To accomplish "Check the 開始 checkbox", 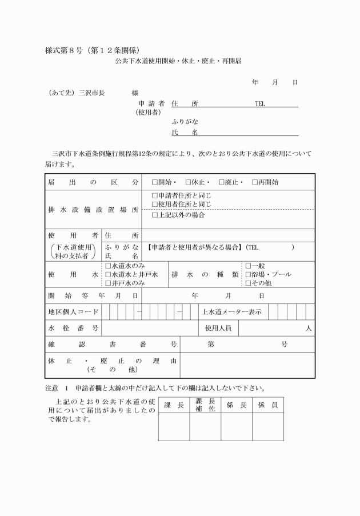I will [x=155, y=182].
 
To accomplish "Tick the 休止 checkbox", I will [x=188, y=182].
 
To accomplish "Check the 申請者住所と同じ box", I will [x=155, y=195].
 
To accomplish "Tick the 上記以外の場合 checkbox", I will [x=155, y=215].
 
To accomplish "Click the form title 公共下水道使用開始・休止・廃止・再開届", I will [x=178, y=61].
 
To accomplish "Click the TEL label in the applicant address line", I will [x=260, y=104].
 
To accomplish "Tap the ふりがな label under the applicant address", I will [x=185, y=122].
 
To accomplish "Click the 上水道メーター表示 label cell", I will [x=232, y=312].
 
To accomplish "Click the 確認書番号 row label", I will [x=112, y=345].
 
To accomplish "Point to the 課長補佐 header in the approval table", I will [x=205, y=405].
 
